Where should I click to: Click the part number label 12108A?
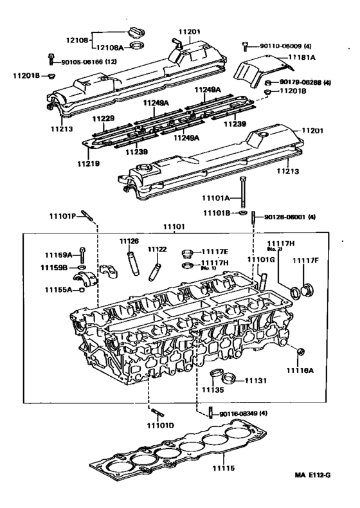111,47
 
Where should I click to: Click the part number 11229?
103,119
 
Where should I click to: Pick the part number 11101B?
216,212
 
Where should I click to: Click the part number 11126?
129,241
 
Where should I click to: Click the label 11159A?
59,254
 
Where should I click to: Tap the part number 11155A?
59,290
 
